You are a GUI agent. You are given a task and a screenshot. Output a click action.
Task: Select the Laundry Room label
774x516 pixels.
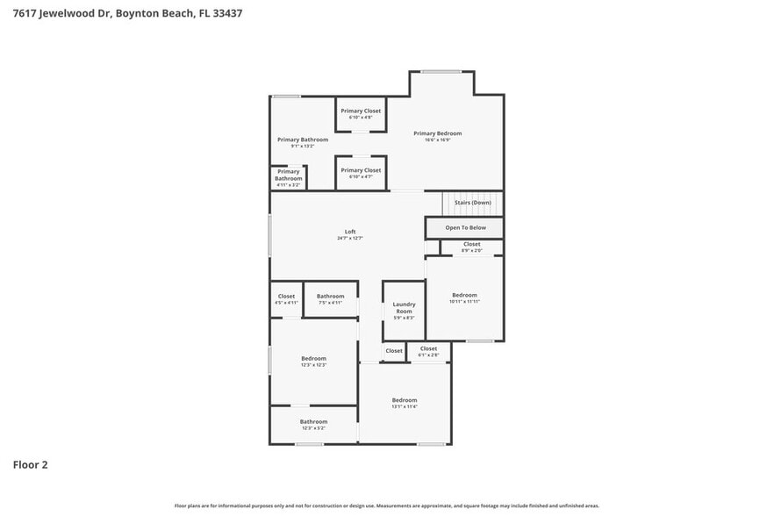[x=404, y=308]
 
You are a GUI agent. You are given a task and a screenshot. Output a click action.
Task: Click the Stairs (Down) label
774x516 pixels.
[x=472, y=203]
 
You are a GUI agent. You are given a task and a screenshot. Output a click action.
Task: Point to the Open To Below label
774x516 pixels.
[x=465, y=227]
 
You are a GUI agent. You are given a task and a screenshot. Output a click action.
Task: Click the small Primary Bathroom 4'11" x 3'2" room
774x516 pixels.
[x=288, y=177]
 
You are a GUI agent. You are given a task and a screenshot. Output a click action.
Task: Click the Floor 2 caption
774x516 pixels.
[x=30, y=464]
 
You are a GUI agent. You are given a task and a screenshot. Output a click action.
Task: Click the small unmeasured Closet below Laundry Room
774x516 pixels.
[x=394, y=351]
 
